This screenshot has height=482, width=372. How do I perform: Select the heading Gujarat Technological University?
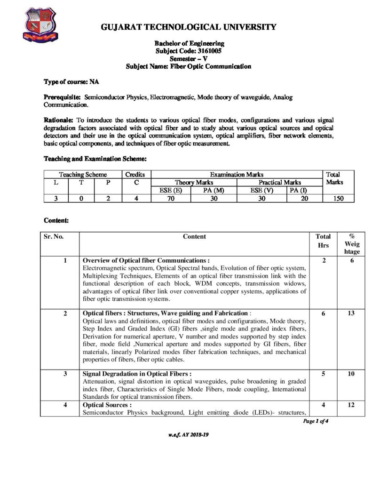coord(189,27)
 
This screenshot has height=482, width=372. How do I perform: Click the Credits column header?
coord(137,174)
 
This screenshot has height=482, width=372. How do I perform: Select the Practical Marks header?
coord(280,182)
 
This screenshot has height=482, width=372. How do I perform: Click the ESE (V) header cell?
coord(261,190)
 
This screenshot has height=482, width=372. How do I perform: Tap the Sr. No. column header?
coord(54,237)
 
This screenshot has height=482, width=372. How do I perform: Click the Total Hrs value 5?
coord(324,374)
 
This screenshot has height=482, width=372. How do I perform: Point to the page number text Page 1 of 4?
coord(316,421)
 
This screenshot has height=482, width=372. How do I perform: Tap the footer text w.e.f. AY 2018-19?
coord(188,434)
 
